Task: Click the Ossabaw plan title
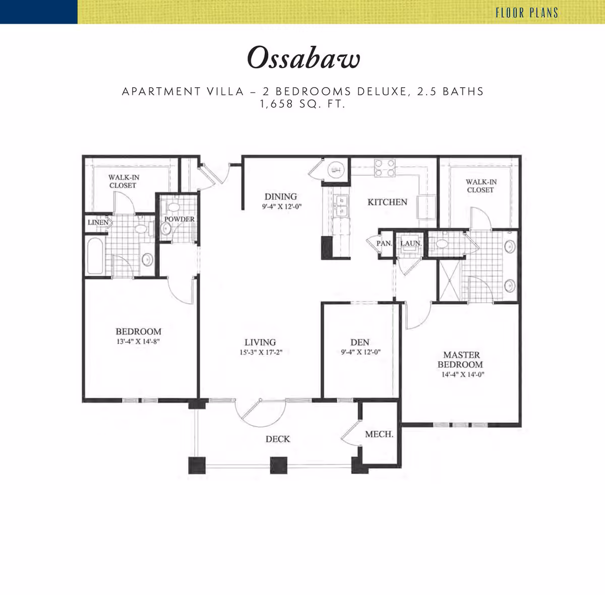304,58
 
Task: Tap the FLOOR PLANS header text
527,13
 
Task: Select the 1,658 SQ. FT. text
302,104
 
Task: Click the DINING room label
281,196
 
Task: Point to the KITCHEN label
387,202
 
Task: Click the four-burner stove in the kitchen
385,168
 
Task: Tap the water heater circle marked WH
336,170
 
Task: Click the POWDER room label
179,219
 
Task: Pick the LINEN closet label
98,223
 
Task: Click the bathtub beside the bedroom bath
95,256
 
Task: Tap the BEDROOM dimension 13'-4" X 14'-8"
139,342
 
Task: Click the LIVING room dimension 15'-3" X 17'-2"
261,352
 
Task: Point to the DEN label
360,342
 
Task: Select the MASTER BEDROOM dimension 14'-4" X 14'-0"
463,374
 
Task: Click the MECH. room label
379,434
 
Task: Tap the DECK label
278,439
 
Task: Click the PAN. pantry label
384,243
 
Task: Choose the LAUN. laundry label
411,243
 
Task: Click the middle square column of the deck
278,466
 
